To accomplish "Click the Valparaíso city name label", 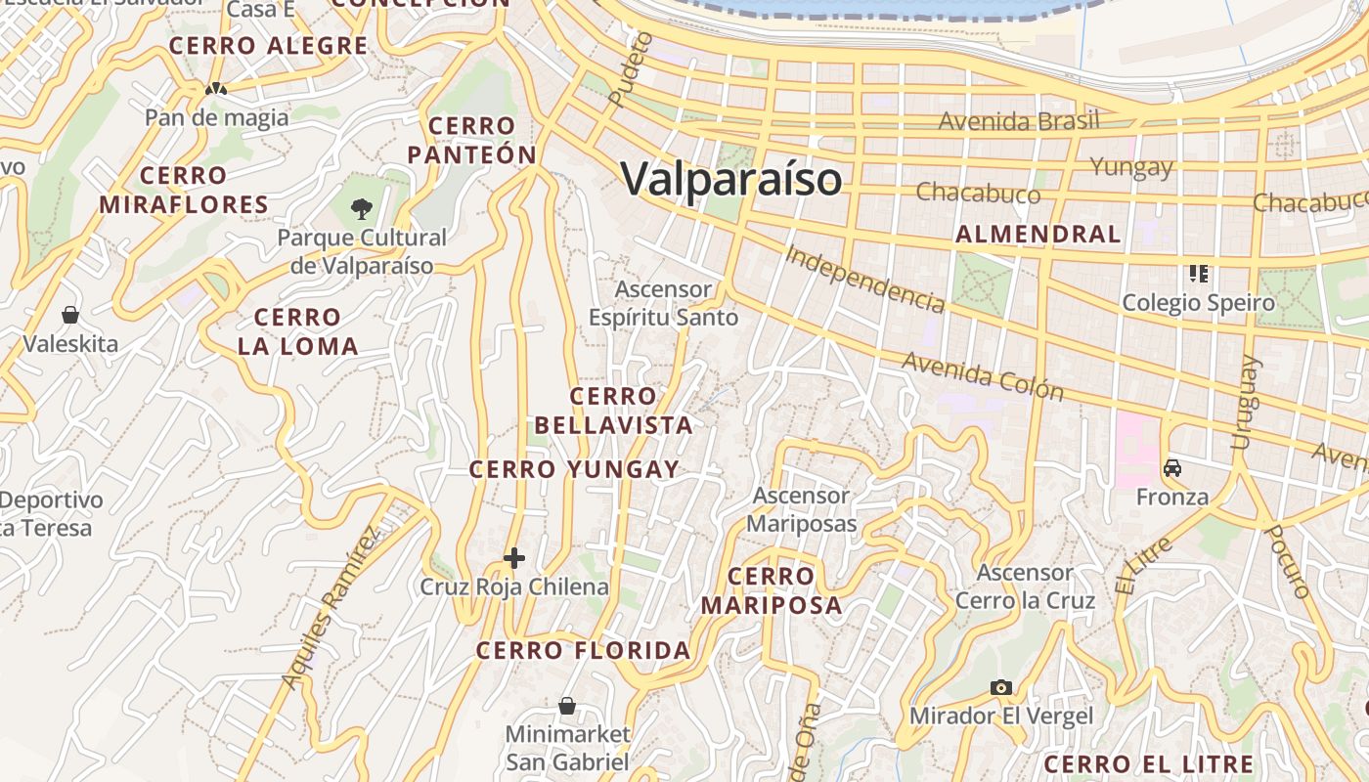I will tap(730, 179).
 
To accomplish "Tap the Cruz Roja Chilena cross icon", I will tap(514, 558).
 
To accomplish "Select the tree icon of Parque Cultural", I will tap(362, 207).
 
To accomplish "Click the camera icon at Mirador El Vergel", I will tap(1000, 687).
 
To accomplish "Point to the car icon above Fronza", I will tap(1172, 468).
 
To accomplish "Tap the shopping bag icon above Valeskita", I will tap(70, 315).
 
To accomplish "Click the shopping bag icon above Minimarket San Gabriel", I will tap(567, 705).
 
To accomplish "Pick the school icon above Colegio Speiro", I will tap(1198, 273).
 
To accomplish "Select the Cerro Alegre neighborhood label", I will tap(268, 46).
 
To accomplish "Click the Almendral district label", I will tap(1038, 235).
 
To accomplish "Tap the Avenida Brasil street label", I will tap(1019, 121).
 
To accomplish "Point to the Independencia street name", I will tap(864, 279).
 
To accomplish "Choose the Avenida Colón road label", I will tap(982, 376).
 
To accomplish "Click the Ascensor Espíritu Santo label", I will tap(663, 304).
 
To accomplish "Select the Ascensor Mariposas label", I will tap(802, 509).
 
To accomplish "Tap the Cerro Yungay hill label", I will tap(574, 469).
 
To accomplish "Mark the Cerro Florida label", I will tap(583, 650).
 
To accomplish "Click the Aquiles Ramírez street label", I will tap(329, 608).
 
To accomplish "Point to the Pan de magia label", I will tap(217, 118).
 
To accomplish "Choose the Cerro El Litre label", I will tap(1148, 764).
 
